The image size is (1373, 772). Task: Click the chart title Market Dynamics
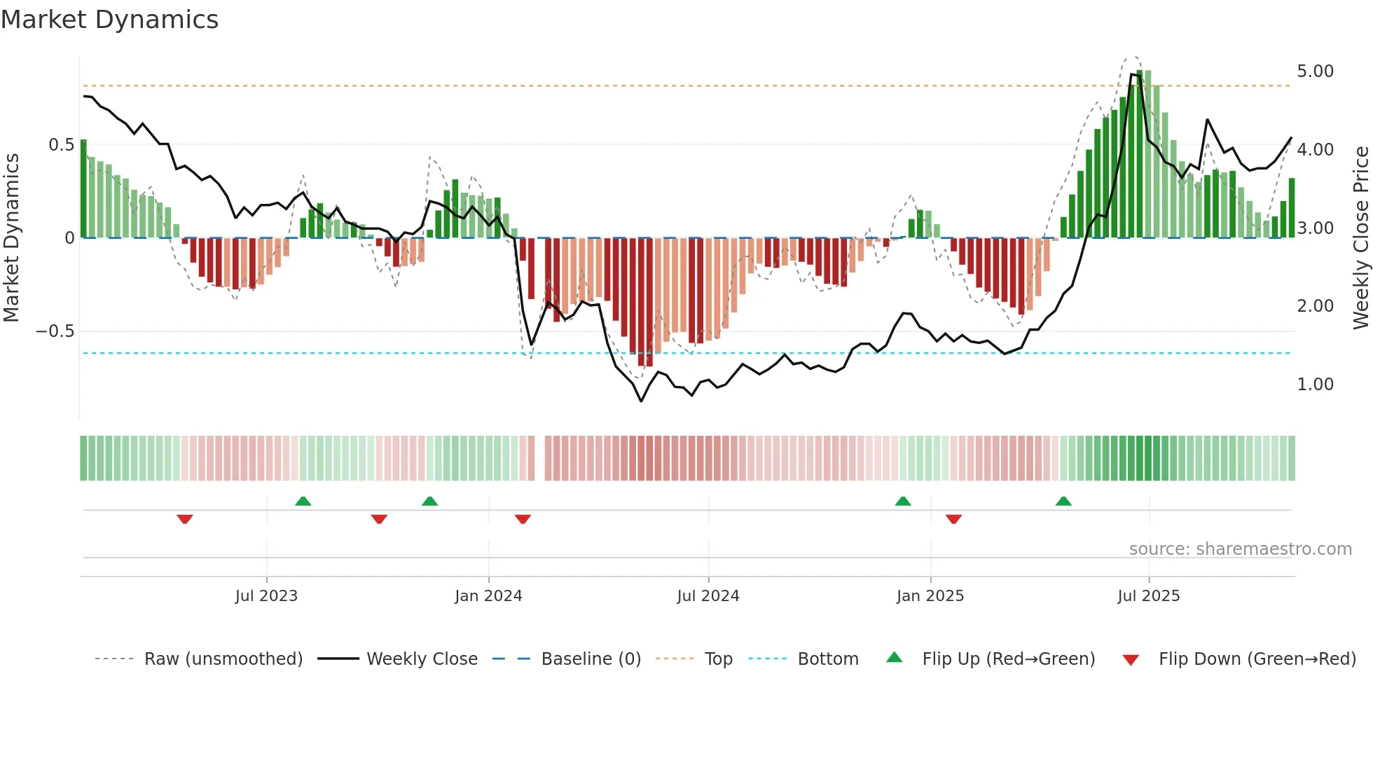pyautogui.click(x=110, y=20)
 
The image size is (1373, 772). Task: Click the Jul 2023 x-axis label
pyautogui.click(x=266, y=596)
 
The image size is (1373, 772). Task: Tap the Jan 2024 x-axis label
pyautogui.click(x=488, y=596)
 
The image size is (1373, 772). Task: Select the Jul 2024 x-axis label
pyautogui.click(x=708, y=596)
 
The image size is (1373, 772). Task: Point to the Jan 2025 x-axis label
pyautogui.click(x=930, y=596)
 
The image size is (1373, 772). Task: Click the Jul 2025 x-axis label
pyautogui.click(x=1148, y=596)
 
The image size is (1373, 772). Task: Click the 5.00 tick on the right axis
pyautogui.click(x=1315, y=71)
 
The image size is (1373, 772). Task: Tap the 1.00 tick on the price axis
pyautogui.click(x=1315, y=385)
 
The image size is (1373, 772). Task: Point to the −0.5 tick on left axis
pyautogui.click(x=55, y=331)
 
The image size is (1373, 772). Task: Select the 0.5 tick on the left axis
pyautogui.click(x=61, y=145)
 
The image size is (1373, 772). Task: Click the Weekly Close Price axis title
pyautogui.click(x=1360, y=237)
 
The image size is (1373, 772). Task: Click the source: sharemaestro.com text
pyautogui.click(x=1240, y=549)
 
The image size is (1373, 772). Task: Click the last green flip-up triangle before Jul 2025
pyautogui.click(x=1063, y=502)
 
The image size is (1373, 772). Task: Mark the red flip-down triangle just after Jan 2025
pyautogui.click(x=953, y=519)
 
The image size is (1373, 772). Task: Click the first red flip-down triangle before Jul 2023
pyautogui.click(x=185, y=519)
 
